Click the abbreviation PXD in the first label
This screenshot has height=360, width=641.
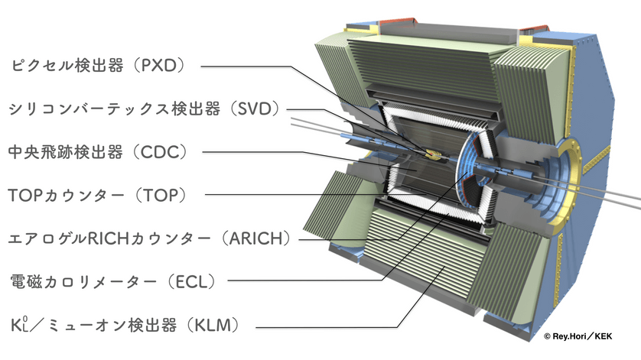[x=158, y=66]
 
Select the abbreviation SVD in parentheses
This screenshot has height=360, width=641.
[x=255, y=109]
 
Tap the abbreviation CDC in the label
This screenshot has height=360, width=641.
[x=159, y=152]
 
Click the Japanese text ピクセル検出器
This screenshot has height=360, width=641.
[x=67, y=66]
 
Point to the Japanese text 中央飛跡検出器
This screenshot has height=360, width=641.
[x=66, y=152]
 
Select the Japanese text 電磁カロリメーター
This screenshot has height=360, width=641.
[x=83, y=281]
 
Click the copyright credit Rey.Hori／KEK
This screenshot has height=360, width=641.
[x=578, y=336]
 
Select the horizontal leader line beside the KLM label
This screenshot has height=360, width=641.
[x=327, y=327]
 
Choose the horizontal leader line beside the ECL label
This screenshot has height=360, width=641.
[x=305, y=281]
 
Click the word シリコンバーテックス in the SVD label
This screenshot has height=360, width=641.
[x=88, y=109]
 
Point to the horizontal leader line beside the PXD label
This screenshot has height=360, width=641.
[x=246, y=66]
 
